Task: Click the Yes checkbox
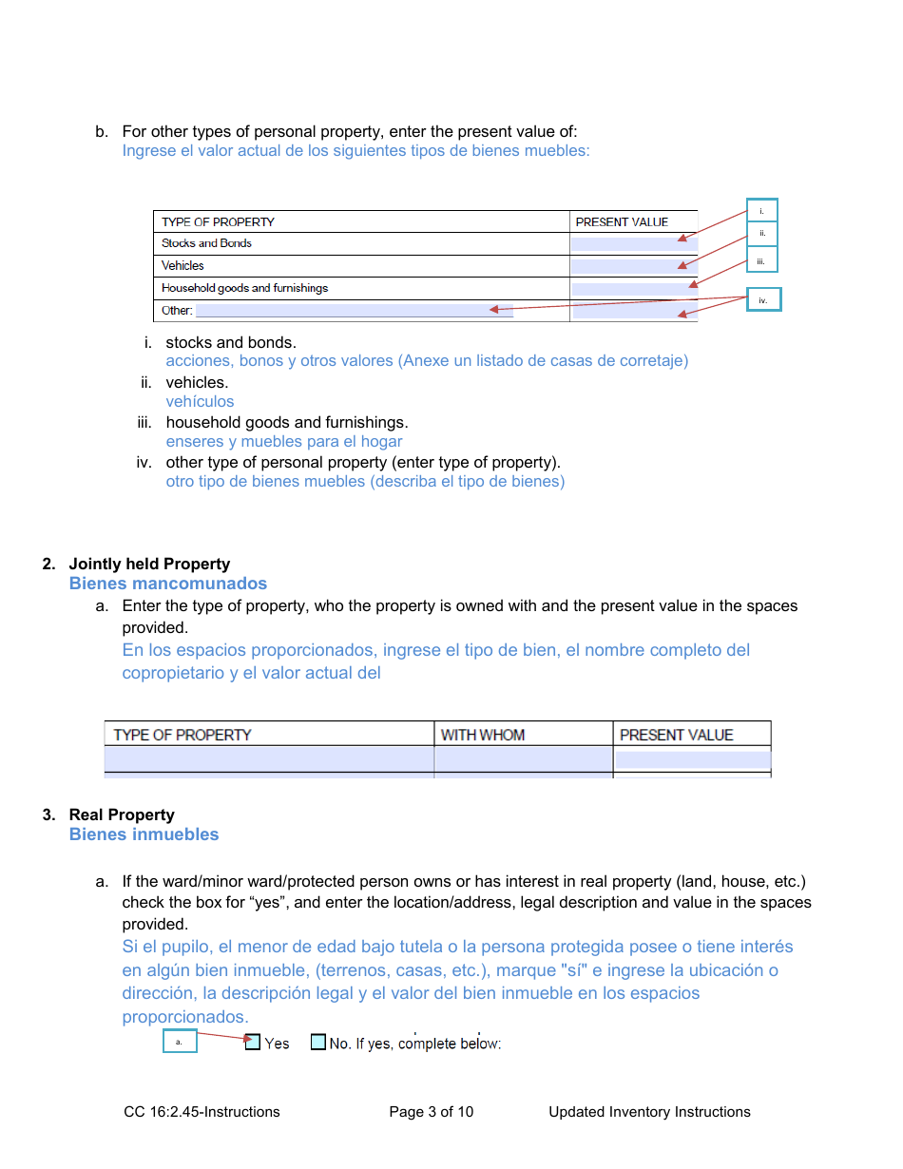tap(253, 1042)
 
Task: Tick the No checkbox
tap(318, 1042)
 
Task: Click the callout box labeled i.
tap(761, 211)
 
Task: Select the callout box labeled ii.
tap(761, 234)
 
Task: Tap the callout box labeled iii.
tap(761, 260)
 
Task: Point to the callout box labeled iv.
tap(762, 299)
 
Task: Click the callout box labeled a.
tap(180, 1042)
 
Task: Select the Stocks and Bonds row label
tap(206, 243)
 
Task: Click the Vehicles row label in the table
tap(183, 266)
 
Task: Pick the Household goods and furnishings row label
tap(244, 288)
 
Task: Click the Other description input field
tap(354, 311)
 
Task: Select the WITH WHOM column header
tap(483, 735)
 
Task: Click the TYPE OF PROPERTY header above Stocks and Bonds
tap(218, 221)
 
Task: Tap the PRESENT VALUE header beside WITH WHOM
tap(676, 735)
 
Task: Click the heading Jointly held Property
tap(149, 564)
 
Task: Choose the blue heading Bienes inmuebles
tap(144, 834)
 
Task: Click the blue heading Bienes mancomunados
tap(167, 584)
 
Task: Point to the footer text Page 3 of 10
tap(431, 1112)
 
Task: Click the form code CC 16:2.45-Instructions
tap(202, 1112)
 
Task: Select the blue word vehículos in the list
tap(200, 402)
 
